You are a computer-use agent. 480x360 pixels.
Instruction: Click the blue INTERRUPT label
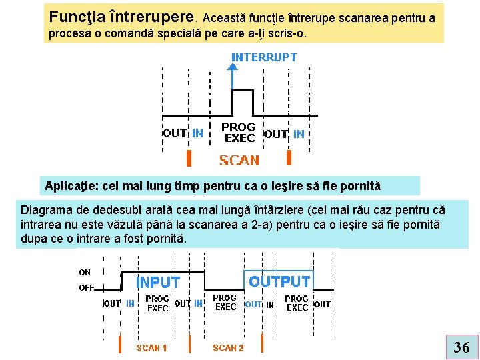coord(264,57)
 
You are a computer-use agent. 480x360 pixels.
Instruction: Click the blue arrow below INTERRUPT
coord(232,77)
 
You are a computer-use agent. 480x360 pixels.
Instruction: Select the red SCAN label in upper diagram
coord(239,161)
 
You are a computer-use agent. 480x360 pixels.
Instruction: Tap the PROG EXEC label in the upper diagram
coord(239,132)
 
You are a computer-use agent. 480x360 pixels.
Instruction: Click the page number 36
coord(461,346)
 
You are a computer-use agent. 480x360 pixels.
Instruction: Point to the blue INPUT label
coord(158,283)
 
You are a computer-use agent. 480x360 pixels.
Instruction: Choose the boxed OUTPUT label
coord(279,281)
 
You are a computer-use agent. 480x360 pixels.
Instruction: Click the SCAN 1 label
coord(151,347)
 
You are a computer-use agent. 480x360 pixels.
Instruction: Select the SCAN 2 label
coord(228,347)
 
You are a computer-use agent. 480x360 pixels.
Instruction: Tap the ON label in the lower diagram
coord(85,272)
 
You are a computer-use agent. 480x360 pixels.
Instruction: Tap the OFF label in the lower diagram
coord(86,288)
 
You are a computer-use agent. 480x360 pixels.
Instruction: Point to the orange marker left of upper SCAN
coord(189,158)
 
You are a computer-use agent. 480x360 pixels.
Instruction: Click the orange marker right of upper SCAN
coord(289,157)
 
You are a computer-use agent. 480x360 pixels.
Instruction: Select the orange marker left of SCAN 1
coord(120,345)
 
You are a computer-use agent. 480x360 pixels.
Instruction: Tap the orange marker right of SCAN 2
coord(263,345)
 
